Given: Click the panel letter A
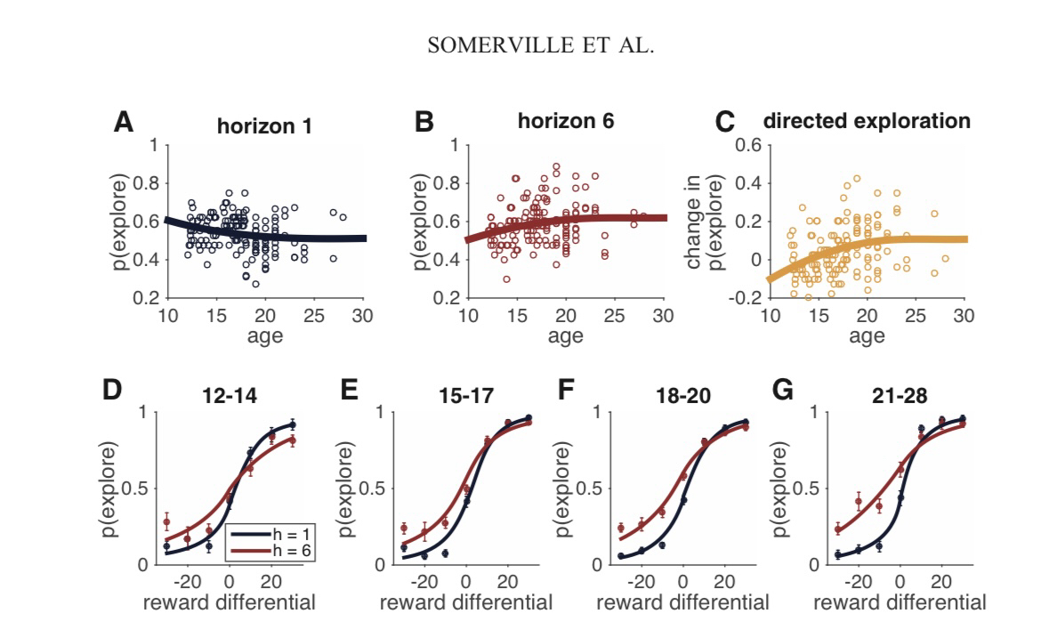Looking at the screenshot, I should [124, 123].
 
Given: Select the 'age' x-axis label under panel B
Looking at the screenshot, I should [566, 335].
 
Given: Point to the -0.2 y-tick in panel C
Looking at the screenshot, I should [744, 298].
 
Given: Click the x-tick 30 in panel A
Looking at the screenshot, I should [362, 316].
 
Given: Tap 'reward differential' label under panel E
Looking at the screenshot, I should [464, 603].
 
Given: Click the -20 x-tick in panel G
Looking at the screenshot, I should [859, 583].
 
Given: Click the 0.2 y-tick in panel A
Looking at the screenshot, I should [149, 298].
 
